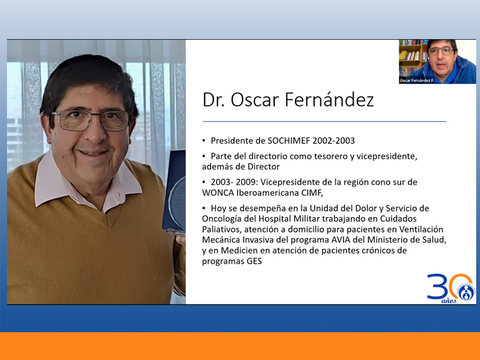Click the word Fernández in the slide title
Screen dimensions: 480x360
[x=330, y=99]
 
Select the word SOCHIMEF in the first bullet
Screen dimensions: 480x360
[x=289, y=141]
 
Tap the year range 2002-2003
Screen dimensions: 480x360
[x=333, y=141]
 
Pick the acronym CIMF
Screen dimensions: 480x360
[x=313, y=193]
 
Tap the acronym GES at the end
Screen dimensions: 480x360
[x=255, y=261]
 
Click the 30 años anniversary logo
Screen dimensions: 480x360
[x=450, y=288]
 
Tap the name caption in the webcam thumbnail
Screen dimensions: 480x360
[x=417, y=80]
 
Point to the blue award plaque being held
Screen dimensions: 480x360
[x=174, y=191]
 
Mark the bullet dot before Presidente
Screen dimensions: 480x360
[x=204, y=141]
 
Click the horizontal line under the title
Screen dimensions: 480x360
[x=324, y=121]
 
